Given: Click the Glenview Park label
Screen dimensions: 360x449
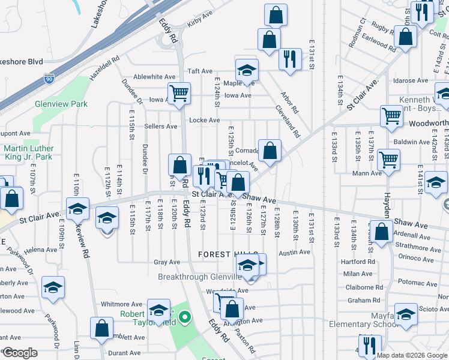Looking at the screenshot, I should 61,104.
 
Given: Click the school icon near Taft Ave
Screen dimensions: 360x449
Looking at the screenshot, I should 246,70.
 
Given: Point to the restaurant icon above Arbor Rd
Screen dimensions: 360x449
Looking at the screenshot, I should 290,58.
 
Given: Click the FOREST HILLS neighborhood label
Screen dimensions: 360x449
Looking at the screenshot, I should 228,254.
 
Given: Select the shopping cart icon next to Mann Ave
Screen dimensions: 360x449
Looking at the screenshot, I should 389,160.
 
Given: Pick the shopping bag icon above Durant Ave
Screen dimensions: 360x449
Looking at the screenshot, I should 101,328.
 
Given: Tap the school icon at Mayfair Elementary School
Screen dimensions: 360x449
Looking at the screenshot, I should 406,315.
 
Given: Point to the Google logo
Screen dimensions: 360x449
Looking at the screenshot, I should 19,353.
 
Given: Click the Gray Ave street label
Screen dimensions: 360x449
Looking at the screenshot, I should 167,262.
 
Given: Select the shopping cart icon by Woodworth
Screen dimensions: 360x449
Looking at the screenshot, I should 391,115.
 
